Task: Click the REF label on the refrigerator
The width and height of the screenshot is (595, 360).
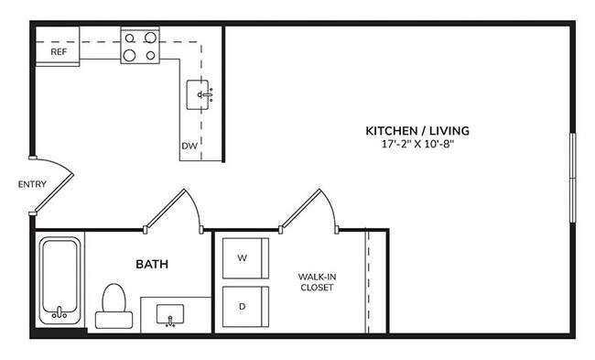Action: pos(58,52)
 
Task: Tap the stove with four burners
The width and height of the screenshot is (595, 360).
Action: pos(139,47)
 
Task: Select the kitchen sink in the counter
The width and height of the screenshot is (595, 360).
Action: pos(204,93)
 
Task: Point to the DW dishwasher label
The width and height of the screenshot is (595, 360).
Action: pos(189,146)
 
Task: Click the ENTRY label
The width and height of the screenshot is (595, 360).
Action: pos(32,185)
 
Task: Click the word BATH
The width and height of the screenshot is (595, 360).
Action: pos(151,265)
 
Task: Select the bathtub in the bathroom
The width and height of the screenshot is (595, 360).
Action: pos(60,279)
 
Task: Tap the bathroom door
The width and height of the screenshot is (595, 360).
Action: pos(173,207)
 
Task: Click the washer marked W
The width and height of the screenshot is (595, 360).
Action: pos(243,258)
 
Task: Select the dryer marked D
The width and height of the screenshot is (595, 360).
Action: pos(243,307)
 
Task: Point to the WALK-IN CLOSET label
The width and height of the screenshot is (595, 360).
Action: pos(315,281)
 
